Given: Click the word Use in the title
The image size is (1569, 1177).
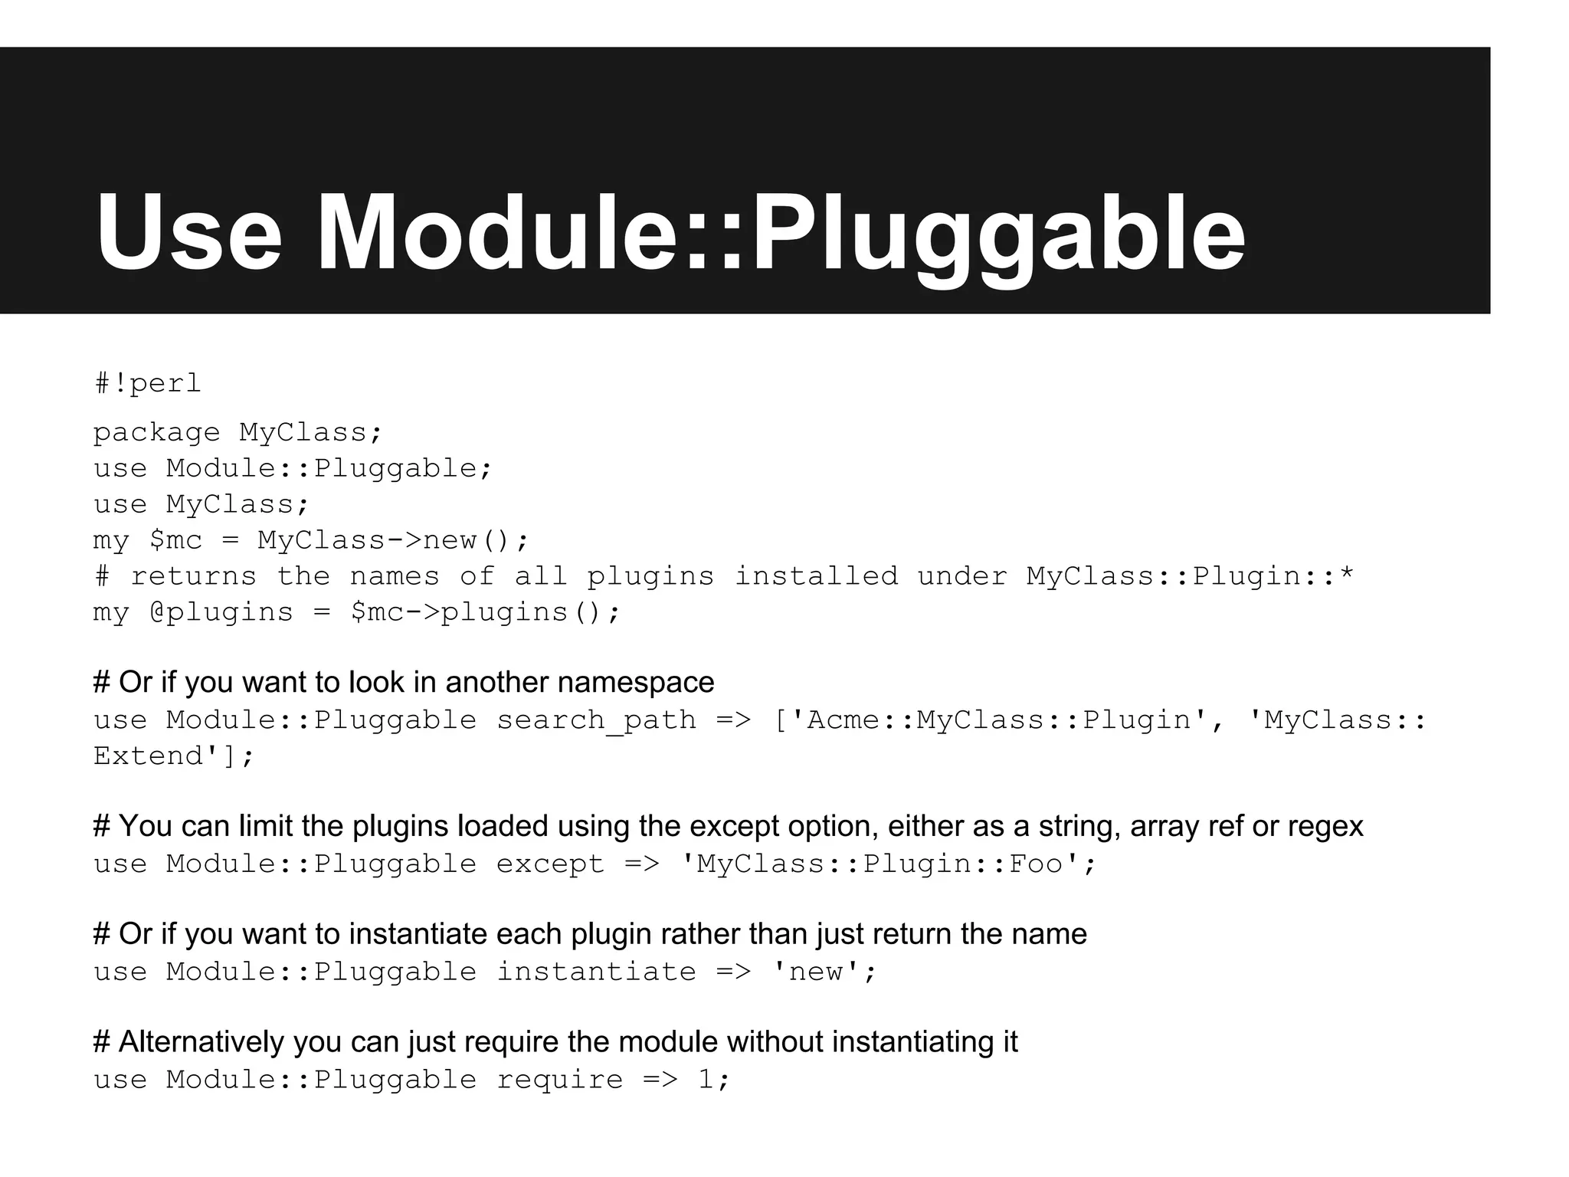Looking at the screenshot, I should click(x=188, y=233).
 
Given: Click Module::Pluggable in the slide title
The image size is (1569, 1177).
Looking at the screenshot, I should click(x=780, y=233).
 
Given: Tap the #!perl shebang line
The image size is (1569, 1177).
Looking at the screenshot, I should click(x=147, y=382).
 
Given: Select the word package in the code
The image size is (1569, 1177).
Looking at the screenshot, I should click(x=156, y=433).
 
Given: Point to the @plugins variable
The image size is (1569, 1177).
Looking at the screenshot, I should click(x=221, y=612).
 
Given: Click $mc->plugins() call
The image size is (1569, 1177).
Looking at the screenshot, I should click(x=484, y=612).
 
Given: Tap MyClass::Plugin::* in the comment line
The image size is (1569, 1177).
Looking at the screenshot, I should click(x=1190, y=576).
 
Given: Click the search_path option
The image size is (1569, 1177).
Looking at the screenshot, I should click(x=596, y=720).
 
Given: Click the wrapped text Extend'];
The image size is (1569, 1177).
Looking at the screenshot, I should click(x=173, y=756).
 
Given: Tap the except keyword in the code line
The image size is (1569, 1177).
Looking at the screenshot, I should click(x=550, y=864).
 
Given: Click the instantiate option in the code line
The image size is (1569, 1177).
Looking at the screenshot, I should click(x=596, y=972).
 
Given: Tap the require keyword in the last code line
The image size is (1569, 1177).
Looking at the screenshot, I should click(x=559, y=1080).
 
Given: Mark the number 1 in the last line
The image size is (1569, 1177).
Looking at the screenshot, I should click(x=706, y=1080).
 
